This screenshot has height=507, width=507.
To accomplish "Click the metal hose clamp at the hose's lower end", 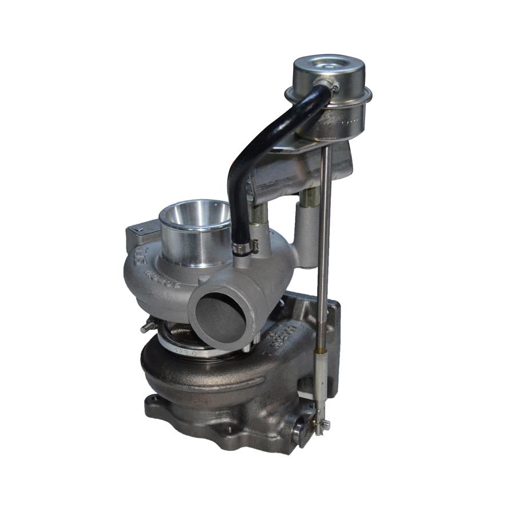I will point(244,247).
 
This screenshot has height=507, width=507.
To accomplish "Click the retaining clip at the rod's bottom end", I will point(320,425).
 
